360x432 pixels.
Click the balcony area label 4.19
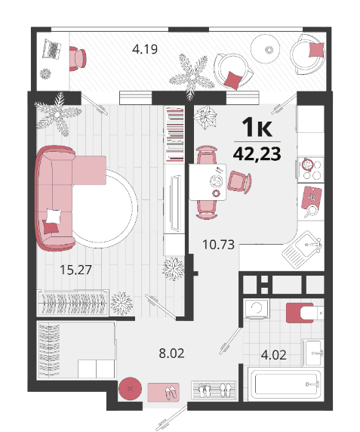pyautogui.click(x=145, y=50)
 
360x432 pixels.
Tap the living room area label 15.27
pyautogui.click(x=75, y=270)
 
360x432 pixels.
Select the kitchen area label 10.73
pyautogui.click(x=218, y=245)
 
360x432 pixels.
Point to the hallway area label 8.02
pyautogui.click(x=172, y=353)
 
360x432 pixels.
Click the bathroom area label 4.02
pyautogui.click(x=273, y=355)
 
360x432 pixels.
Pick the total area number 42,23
pyautogui.click(x=257, y=154)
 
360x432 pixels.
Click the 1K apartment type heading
pyautogui.click(x=257, y=127)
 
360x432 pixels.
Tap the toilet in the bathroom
pyautogui.click(x=305, y=313)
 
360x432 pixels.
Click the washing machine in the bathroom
pyautogui.click(x=257, y=309)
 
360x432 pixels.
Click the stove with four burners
pyautogui.click(x=310, y=169)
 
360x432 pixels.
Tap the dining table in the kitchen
pyautogui.click(x=208, y=182)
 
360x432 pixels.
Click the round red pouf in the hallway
pyautogui.click(x=130, y=389)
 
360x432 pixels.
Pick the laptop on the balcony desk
pyautogui.click(x=51, y=49)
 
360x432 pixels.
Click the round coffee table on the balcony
pyautogui.click(x=266, y=49)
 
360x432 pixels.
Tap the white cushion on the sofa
pyautogui.click(x=54, y=217)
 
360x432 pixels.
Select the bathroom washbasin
pyautogui.click(x=312, y=353)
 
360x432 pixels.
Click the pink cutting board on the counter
pyautogui.click(x=312, y=198)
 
